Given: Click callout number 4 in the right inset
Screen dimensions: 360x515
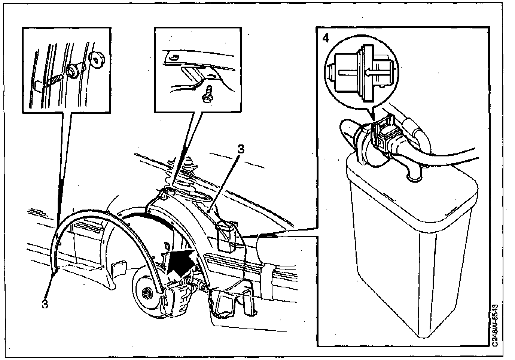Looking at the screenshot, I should (x=326, y=38).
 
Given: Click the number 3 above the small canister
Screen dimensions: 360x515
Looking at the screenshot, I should (x=241, y=149).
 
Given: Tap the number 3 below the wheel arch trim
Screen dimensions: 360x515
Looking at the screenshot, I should (x=45, y=303).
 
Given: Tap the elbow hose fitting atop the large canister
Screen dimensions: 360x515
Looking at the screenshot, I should (x=412, y=170).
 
